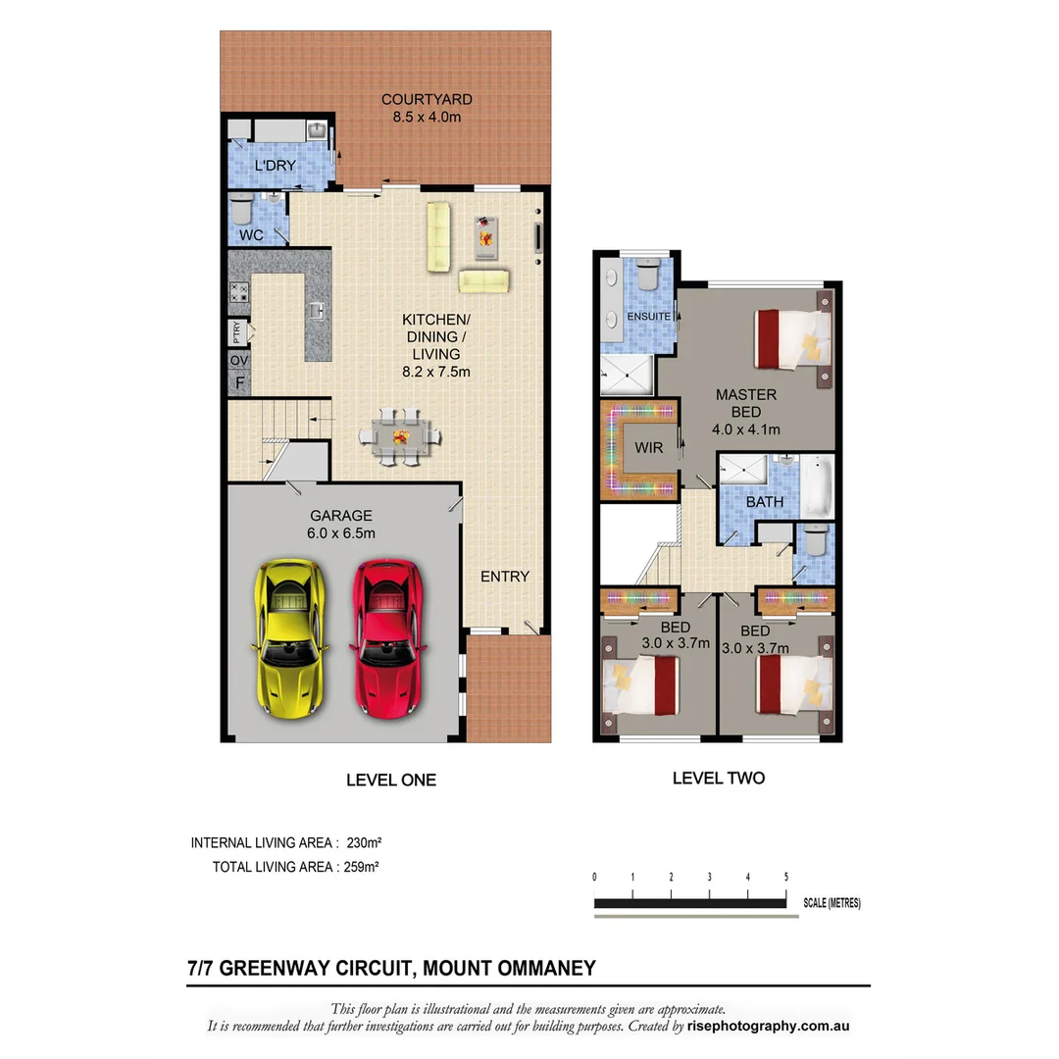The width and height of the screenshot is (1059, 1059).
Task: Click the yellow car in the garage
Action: [289, 636]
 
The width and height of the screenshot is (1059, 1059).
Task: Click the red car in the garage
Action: [387, 636]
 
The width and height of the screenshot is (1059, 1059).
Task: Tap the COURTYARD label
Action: [427, 99]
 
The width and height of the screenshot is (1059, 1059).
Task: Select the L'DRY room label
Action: [275, 166]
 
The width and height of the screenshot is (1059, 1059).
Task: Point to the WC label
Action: [250, 236]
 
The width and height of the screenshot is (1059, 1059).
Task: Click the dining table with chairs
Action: [400, 436]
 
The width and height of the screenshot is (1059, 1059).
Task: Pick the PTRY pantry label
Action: [237, 332]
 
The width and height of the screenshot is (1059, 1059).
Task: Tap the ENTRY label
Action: [504, 577]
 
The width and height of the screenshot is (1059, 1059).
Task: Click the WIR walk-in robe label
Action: [648, 448]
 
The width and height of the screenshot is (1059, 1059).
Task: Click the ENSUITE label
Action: [649, 317]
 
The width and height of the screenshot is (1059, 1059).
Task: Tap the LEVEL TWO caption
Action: [718, 778]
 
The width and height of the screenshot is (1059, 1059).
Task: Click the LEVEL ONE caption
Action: [390, 781]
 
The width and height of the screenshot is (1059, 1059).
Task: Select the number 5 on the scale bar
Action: [785, 877]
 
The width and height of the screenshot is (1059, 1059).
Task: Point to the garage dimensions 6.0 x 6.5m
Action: [341, 533]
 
